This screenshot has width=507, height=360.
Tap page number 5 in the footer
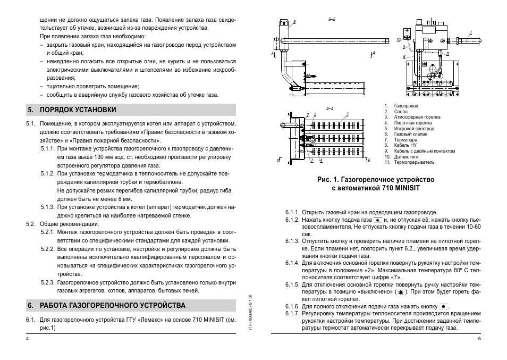coord(479,339)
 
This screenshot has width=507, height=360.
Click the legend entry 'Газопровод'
coord(405,106)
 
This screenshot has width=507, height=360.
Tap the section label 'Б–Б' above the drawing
coord(332,19)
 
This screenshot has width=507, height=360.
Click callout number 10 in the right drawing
coord(399,40)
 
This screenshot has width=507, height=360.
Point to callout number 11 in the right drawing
coord(448,54)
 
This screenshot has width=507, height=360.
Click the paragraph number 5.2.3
coord(48,283)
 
